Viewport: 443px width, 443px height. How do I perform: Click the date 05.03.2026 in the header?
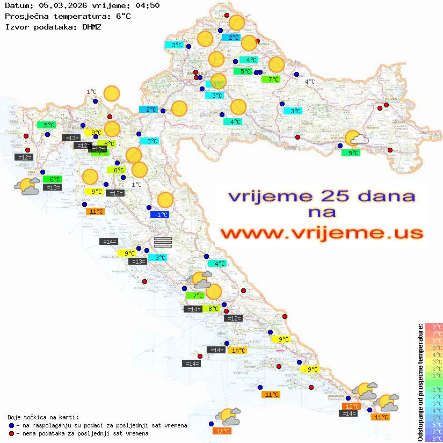[x=56, y=6]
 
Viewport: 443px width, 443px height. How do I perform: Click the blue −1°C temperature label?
[x=160, y=214]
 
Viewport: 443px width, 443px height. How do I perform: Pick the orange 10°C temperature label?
[x=238, y=351]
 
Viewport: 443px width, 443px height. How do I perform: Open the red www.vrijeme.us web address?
[x=321, y=233]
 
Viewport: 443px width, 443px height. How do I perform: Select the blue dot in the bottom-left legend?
[x=12, y=425]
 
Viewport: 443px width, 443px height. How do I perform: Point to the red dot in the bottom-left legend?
[x=12, y=433]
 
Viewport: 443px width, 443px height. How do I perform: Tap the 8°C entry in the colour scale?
[x=434, y=326]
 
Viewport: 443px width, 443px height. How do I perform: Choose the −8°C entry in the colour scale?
[x=434, y=438]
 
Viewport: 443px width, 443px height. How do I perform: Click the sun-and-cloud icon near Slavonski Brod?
[x=355, y=139]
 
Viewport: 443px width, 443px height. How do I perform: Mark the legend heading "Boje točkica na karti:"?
[x=43, y=417]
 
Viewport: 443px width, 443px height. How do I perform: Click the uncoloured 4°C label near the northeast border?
[x=310, y=82]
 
